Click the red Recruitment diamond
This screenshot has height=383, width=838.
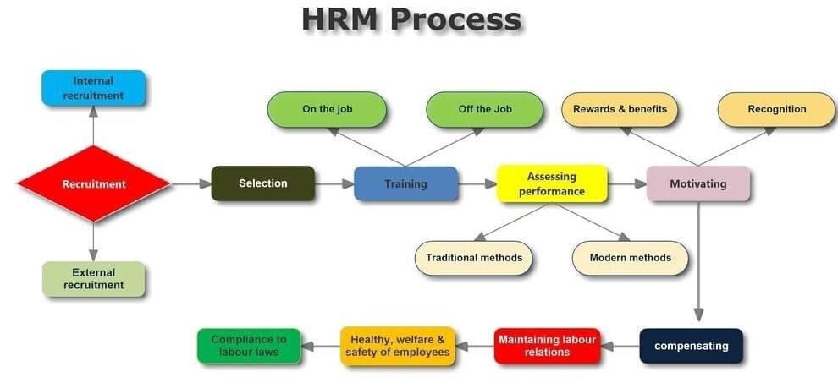click(93, 183)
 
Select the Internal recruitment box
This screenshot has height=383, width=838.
click(93, 88)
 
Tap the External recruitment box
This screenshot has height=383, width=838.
click(93, 279)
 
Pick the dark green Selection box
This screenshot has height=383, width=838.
click(262, 183)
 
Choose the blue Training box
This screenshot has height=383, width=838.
click(405, 183)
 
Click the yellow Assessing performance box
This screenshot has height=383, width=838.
click(551, 183)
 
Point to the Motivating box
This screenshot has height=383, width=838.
click(697, 183)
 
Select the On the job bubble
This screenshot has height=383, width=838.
click(327, 109)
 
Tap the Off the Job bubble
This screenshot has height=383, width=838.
click(484, 109)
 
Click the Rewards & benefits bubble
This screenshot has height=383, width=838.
click(620, 109)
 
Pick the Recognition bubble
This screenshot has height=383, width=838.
click(776, 109)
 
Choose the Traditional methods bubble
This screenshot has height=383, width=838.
click(473, 258)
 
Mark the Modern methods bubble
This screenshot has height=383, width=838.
click(630, 258)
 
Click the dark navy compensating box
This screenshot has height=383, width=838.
click(691, 346)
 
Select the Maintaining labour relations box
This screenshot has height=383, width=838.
click(547, 346)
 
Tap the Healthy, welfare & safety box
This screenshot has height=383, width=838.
click(398, 346)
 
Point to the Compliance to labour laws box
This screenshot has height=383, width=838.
click(248, 346)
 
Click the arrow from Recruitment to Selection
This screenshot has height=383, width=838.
click(191, 183)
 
